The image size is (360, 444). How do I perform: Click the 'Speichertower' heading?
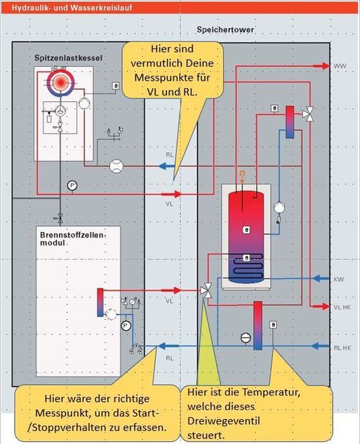225,30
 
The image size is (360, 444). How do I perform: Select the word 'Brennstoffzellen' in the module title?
67,233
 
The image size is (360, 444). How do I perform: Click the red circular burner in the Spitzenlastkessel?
60,83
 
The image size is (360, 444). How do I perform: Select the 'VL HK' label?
341,306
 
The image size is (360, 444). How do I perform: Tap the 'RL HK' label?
341,348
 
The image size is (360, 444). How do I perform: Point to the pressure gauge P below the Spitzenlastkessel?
71,185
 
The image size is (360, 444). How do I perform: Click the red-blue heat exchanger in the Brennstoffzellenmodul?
100,301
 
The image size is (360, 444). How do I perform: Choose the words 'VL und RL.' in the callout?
172,91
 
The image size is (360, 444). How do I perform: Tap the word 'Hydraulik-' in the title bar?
21,6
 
